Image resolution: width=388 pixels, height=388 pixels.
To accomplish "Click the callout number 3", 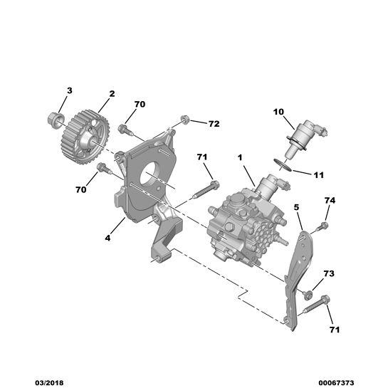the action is [x=70, y=91].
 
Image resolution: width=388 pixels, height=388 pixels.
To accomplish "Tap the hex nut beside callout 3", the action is [x=56, y=120].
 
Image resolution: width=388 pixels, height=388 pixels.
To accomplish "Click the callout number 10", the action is [x=278, y=112].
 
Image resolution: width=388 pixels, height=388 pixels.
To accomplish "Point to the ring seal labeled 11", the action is [x=283, y=165].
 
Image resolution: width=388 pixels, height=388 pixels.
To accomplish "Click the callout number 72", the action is [x=214, y=124].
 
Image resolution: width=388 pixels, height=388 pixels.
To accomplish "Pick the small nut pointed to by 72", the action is [x=185, y=120].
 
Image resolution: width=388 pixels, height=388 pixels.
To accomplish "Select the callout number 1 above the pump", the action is [x=240, y=157].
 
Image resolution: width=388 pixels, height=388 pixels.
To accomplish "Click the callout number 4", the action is [x=108, y=238].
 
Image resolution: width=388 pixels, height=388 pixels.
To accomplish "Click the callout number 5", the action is [x=296, y=207].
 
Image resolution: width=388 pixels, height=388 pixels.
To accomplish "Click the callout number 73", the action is [x=329, y=273].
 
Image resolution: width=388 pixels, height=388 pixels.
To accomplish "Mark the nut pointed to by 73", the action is [x=308, y=295].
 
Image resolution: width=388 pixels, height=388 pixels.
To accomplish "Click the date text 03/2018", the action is [x=49, y=383].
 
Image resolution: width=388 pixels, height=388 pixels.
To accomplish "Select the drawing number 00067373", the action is [x=336, y=383].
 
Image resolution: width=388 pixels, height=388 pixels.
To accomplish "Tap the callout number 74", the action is [x=330, y=201].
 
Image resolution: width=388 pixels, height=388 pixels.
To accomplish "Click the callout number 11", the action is [x=318, y=175].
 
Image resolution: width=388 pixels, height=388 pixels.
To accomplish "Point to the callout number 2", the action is [x=112, y=94].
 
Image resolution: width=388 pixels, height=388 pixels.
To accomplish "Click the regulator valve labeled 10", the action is [x=307, y=137].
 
